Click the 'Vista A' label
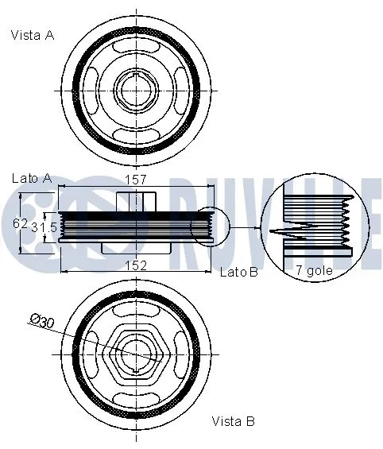(x=33, y=34)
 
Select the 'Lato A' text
(x=32, y=178)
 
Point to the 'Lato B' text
(x=238, y=273)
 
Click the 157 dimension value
(x=137, y=180)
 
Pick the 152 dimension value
(x=137, y=265)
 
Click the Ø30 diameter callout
(x=41, y=320)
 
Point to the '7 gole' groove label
(x=313, y=270)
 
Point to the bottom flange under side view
(x=137, y=249)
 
